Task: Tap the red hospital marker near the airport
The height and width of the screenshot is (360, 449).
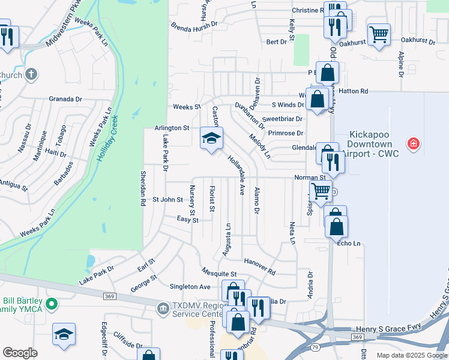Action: click(x=412, y=144)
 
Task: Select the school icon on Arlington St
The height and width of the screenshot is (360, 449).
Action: click(x=211, y=139)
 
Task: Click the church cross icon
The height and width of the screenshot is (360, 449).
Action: click(x=31, y=75)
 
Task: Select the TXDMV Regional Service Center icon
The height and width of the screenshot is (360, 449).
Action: click(x=162, y=309)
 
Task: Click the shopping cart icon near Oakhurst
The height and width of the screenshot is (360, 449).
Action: click(x=379, y=34)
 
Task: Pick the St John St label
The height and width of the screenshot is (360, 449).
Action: click(x=167, y=200)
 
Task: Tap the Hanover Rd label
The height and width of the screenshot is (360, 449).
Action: click(x=260, y=267)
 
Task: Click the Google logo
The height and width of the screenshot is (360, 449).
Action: click(x=20, y=353)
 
